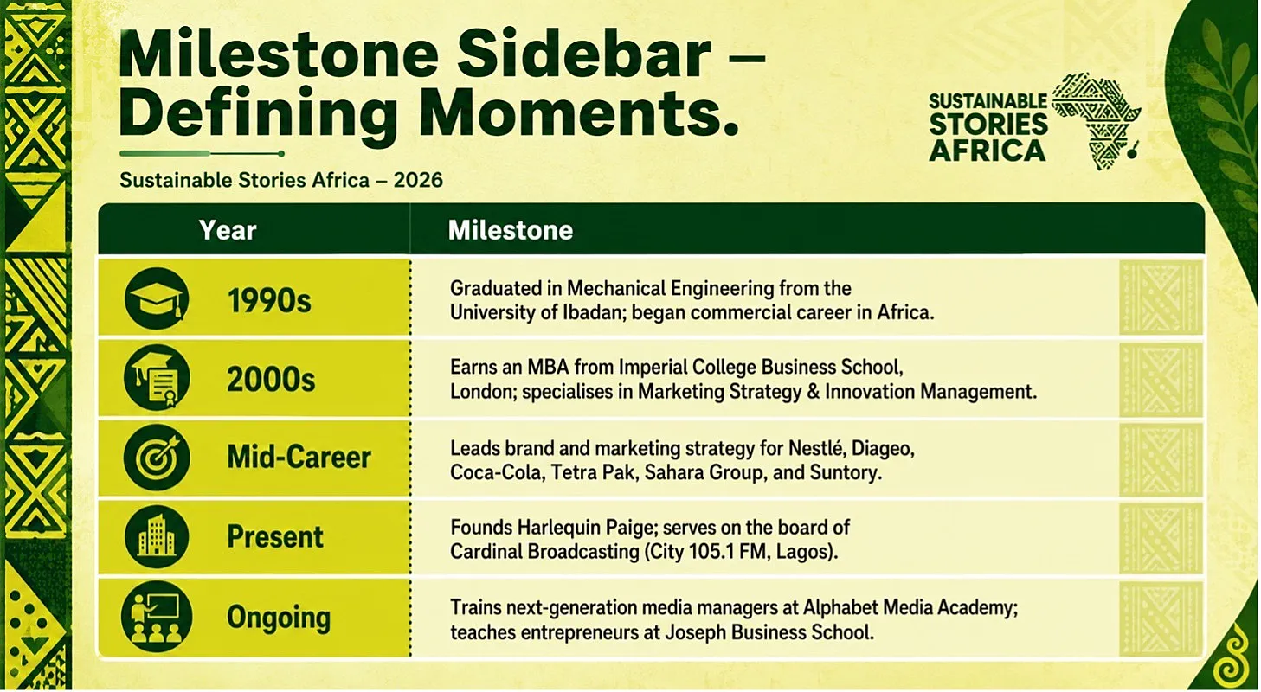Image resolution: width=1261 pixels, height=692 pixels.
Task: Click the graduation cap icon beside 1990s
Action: [157, 298]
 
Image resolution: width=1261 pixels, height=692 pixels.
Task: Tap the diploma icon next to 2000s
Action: [157, 377]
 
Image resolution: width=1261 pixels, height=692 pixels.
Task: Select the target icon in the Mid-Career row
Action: [157, 457]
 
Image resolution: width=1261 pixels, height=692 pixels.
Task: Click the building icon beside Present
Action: [157, 535]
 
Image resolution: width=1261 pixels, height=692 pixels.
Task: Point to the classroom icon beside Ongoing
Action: [157, 617]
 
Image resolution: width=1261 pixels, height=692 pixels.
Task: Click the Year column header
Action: [228, 230]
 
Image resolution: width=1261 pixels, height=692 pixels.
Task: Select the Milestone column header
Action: [510, 230]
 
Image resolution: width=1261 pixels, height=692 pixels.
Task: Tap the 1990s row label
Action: [269, 300]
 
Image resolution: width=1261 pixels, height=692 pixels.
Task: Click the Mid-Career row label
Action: [299, 457]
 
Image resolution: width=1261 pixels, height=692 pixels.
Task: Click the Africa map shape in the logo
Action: [1095, 121]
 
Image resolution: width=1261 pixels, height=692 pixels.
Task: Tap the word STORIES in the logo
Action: [988, 124]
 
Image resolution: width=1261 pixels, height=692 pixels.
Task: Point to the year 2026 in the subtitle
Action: [418, 180]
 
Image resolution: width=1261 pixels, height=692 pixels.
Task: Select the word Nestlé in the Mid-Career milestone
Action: [817, 448]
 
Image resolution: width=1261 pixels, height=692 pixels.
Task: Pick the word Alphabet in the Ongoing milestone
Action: [840, 608]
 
